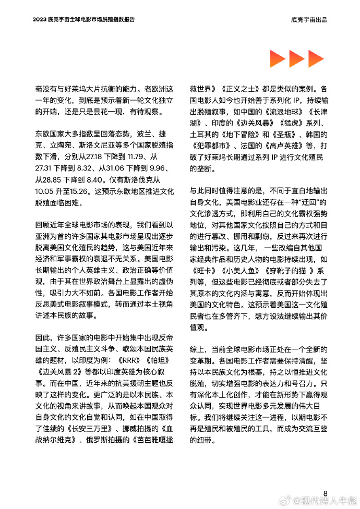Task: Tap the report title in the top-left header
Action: click(83, 19)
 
